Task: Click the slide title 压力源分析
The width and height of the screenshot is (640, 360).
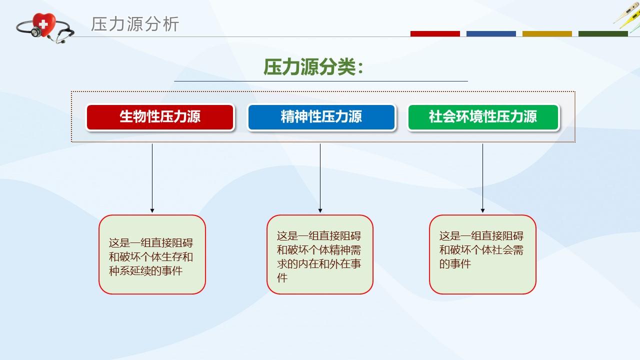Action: [x=135, y=24]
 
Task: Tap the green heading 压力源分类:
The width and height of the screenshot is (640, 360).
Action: [x=313, y=67]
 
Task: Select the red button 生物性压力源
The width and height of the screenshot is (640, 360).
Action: [x=160, y=117]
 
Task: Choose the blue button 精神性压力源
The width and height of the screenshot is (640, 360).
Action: [x=321, y=117]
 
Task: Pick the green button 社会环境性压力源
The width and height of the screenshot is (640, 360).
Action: [x=483, y=117]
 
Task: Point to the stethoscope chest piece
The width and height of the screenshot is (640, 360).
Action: [x=36, y=32]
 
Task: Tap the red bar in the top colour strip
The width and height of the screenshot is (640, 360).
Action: [x=435, y=33]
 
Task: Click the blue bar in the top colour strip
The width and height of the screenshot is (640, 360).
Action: [x=491, y=33]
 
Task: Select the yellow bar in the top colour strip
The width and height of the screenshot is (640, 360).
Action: [x=547, y=33]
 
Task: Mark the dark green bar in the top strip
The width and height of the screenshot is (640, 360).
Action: [x=603, y=33]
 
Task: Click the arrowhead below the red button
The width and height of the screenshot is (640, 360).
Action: [x=152, y=210]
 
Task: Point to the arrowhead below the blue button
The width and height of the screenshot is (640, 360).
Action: [x=320, y=210]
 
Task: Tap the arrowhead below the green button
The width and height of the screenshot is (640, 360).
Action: [x=483, y=210]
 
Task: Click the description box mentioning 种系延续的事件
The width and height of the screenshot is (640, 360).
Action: [x=152, y=254]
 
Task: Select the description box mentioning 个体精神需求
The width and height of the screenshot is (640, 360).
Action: [x=320, y=254]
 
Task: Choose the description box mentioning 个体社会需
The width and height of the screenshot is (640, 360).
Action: [x=482, y=254]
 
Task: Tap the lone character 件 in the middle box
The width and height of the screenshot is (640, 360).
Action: [x=282, y=277]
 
